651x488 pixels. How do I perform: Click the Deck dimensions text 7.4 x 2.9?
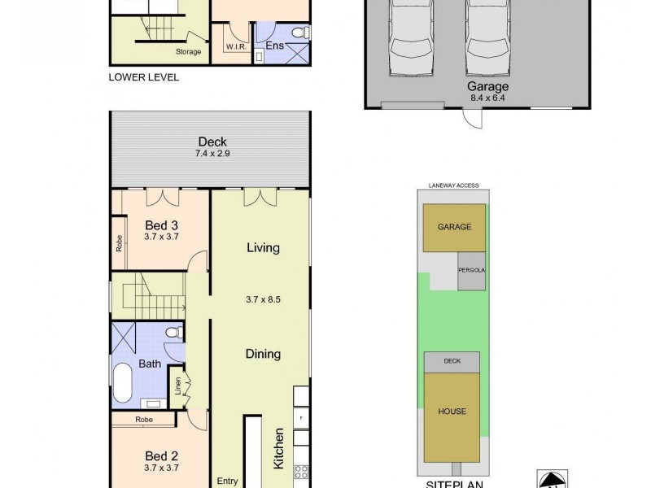click(212, 153)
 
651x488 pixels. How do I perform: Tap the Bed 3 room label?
click(162, 225)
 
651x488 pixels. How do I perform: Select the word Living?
click(263, 248)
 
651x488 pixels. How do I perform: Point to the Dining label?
click(263, 354)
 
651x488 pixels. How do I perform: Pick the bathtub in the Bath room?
click(122, 382)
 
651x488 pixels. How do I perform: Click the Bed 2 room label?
click(162, 456)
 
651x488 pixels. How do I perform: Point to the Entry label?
click(227, 481)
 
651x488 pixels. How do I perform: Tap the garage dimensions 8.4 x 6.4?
click(487, 98)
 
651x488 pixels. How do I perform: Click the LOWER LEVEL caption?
click(143, 78)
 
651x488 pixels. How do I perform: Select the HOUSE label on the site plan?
click(453, 412)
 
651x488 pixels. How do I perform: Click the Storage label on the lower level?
click(189, 52)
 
